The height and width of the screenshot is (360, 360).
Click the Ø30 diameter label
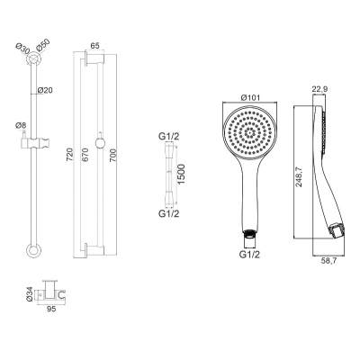tap(22, 49)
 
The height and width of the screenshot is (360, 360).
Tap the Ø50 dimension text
tap(43, 46)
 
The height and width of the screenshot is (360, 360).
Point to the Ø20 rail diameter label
tap(45, 90)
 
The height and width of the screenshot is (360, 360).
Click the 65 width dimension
tap(94, 46)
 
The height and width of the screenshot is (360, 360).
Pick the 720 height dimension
tap(69, 155)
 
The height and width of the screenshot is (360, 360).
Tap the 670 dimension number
tap(85, 155)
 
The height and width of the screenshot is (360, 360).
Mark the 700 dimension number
tap(112, 155)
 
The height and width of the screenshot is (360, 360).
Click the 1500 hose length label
tap(181, 175)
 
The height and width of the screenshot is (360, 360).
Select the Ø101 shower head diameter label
tap(250, 98)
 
